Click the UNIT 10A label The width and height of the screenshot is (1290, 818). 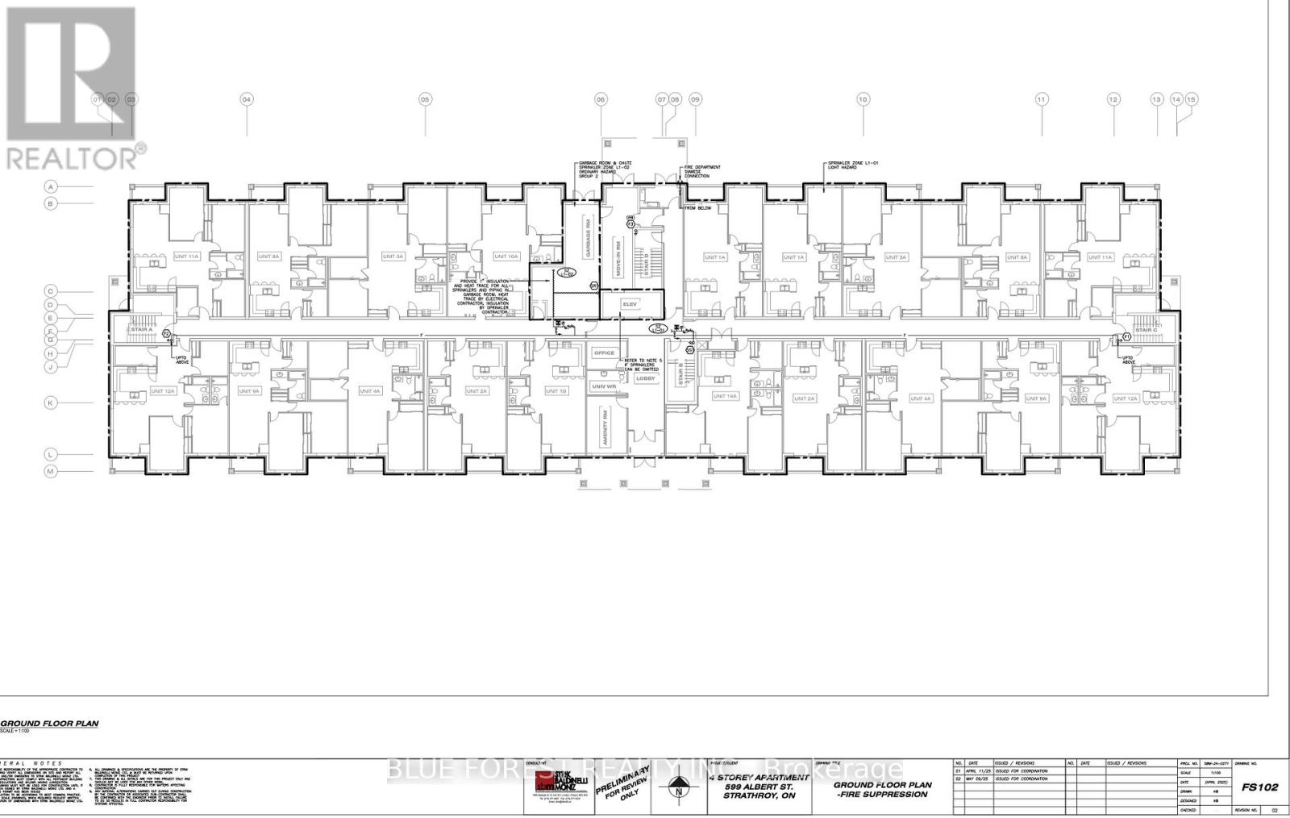click(x=506, y=257)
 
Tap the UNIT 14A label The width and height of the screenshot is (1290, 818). click(x=725, y=396)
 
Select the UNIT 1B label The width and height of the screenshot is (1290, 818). click(x=556, y=391)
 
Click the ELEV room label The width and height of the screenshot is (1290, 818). click(x=630, y=304)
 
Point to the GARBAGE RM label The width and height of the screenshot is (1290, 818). click(x=589, y=241)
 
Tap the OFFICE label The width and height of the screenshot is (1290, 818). click(x=604, y=353)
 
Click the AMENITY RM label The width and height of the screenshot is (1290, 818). click(x=601, y=423)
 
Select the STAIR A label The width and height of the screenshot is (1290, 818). click(x=142, y=330)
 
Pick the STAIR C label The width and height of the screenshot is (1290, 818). click(x=1146, y=330)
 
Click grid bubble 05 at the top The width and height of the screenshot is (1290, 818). click(x=425, y=99)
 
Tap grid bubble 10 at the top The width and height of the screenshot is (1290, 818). click(x=863, y=99)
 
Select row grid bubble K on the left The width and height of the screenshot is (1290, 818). click(x=50, y=402)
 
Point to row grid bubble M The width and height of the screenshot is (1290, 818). click(x=50, y=470)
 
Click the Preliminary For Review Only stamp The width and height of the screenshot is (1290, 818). click(x=622, y=781)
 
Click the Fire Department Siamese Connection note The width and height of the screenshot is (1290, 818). click(x=702, y=172)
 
